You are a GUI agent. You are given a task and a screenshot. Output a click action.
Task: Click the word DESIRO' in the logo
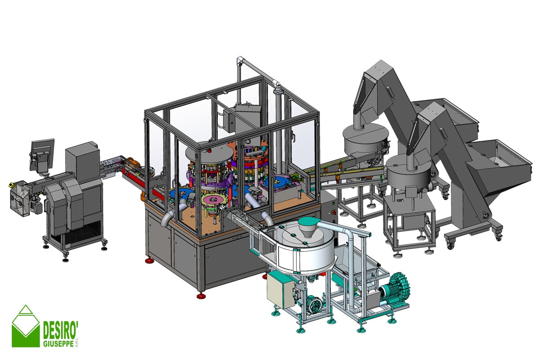[x=60, y=330]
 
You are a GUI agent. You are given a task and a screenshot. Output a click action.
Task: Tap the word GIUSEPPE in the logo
[x=58, y=344]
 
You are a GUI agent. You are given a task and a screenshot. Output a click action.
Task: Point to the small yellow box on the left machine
[x=11, y=185]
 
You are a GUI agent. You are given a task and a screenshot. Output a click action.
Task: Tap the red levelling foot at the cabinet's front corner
[x=201, y=295]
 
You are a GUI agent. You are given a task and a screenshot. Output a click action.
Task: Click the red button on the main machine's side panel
[x=334, y=212]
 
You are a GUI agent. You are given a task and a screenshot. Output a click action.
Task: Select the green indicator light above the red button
[x=333, y=203]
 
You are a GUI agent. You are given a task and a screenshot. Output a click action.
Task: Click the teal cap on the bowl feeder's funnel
[x=308, y=220]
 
